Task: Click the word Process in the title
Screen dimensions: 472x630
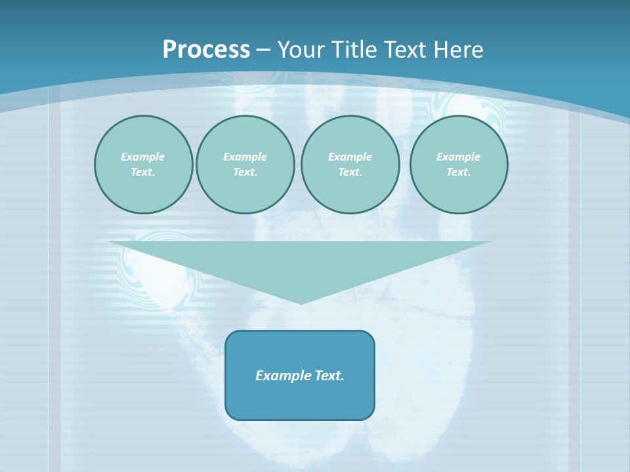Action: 206,50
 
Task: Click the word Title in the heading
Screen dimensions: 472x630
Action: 352,50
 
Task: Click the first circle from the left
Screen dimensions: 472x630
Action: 143,190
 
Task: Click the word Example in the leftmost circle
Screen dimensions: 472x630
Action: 143,157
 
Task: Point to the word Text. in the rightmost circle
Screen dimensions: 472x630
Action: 459,172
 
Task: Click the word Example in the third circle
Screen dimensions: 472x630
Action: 350,157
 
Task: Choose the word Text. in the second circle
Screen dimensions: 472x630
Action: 245,172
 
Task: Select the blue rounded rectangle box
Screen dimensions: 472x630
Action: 300,400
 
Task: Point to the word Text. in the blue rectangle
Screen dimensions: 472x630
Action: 329,376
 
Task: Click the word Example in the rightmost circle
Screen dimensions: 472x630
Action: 459,157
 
